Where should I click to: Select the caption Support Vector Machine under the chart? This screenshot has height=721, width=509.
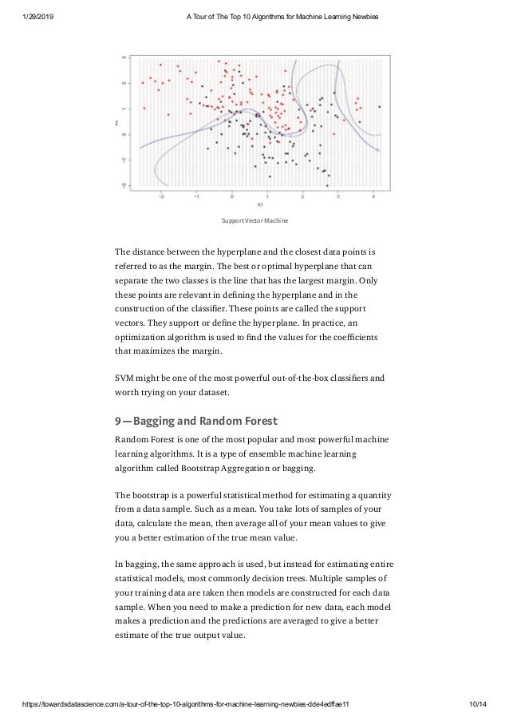255,220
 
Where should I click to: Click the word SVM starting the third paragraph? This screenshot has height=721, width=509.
125,378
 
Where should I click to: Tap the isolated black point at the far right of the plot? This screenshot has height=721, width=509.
379,106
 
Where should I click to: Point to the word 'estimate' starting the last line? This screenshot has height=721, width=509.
136,636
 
